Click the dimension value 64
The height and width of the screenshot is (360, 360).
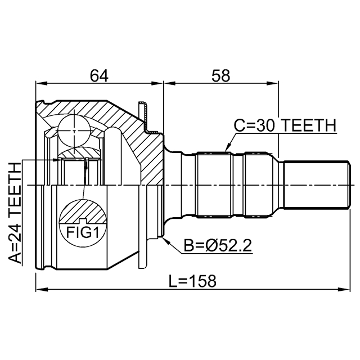pyautogui.click(x=99, y=75)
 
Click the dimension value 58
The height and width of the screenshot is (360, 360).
pyautogui.click(x=220, y=75)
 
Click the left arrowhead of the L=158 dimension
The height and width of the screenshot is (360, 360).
pyautogui.click(x=38, y=291)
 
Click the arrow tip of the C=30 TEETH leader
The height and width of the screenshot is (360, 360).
pyautogui.click(x=226, y=151)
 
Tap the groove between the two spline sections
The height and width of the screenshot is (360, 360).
pyautogui.click(x=237, y=184)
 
